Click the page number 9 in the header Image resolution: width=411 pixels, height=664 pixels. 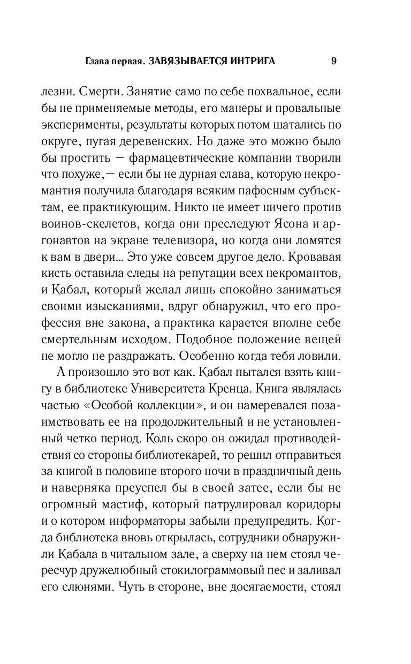tap(333, 61)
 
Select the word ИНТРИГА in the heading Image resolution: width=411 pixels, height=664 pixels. tap(254, 61)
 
